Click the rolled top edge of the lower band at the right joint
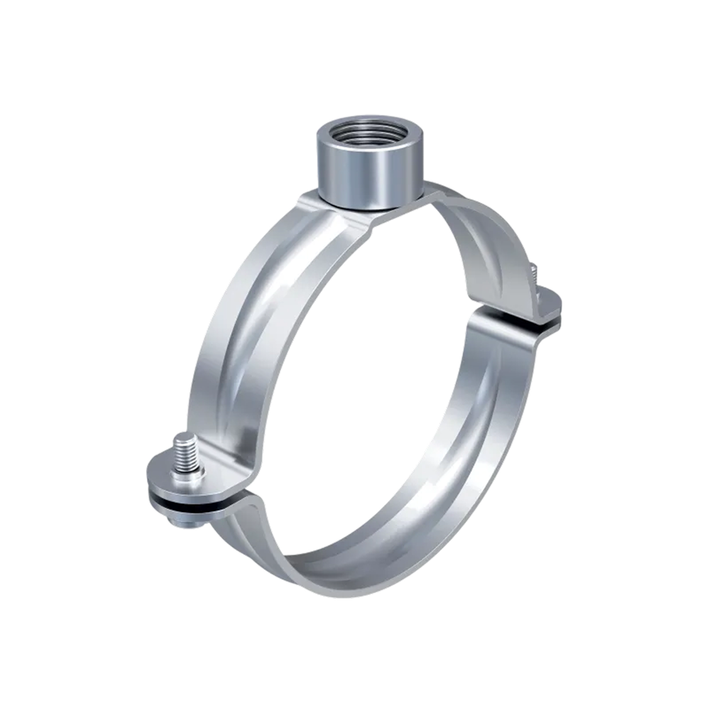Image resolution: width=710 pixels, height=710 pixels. (x=497, y=323)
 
